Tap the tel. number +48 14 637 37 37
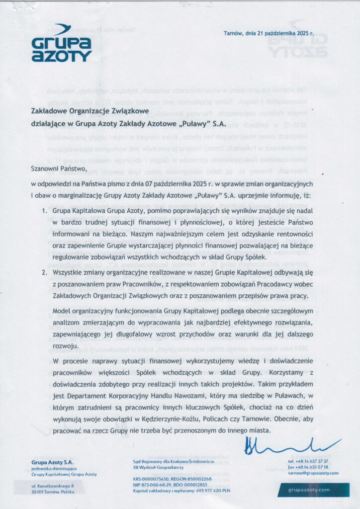(311, 461)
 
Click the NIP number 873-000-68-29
(152, 484)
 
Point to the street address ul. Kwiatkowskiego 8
(53, 485)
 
